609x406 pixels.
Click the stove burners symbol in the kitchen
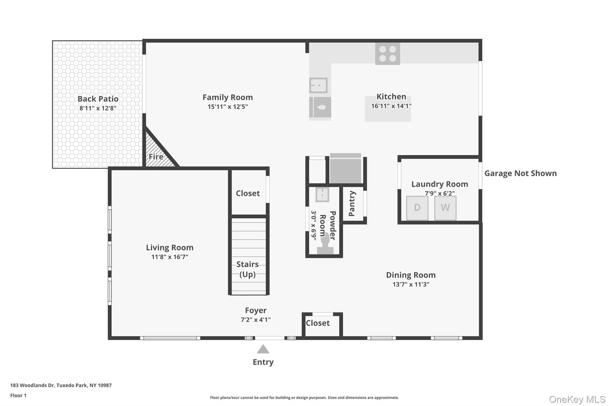pyautogui.click(x=387, y=54)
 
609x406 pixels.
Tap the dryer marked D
pyautogui.click(x=417, y=208)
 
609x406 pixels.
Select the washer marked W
pyautogui.click(x=445, y=208)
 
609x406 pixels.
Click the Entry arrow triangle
pyautogui.click(x=263, y=349)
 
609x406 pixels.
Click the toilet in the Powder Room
pyautogui.click(x=325, y=244)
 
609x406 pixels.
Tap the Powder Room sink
pyautogui.click(x=322, y=195)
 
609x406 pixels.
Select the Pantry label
pyautogui.click(x=352, y=203)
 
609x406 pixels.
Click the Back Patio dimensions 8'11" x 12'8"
pyautogui.click(x=98, y=108)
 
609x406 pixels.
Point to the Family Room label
pyautogui.click(x=227, y=97)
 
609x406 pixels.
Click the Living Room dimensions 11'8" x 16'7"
pyautogui.click(x=169, y=257)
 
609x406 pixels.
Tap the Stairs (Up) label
pyautogui.click(x=247, y=269)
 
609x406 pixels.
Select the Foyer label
pyautogui.click(x=255, y=310)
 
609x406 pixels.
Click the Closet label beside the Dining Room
pyautogui.click(x=318, y=323)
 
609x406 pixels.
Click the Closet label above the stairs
pyautogui.click(x=248, y=193)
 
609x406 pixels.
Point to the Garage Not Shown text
pyautogui.click(x=520, y=173)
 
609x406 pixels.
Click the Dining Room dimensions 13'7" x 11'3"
pyautogui.click(x=411, y=284)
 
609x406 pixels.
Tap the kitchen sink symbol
pyautogui.click(x=318, y=85)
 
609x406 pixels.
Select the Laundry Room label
pyautogui.click(x=440, y=184)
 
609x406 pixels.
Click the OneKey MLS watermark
pyautogui.click(x=577, y=399)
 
